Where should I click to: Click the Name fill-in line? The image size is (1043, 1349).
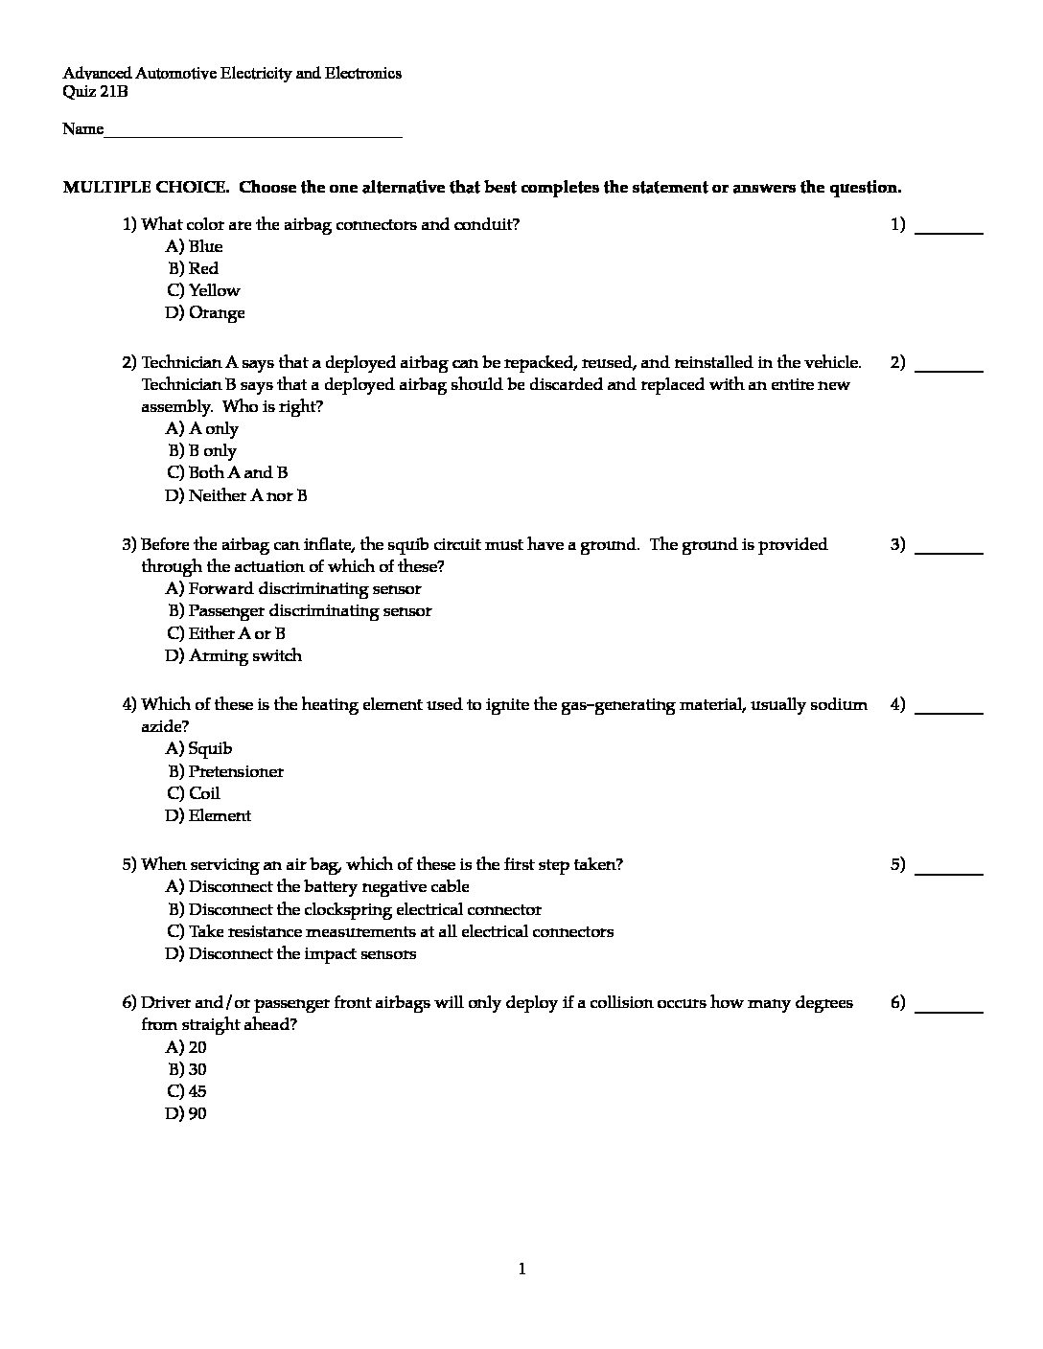[253, 134]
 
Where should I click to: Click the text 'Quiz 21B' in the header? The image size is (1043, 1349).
[95, 92]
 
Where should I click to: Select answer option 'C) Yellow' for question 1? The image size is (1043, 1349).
[203, 290]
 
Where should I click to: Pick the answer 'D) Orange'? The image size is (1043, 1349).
[205, 312]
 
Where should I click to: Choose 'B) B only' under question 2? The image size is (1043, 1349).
[202, 450]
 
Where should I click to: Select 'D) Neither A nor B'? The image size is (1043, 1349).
[236, 495]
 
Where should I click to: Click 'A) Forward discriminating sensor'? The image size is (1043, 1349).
[293, 588]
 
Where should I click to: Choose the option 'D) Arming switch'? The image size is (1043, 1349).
[233, 655]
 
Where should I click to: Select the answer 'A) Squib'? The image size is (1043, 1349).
[198, 748]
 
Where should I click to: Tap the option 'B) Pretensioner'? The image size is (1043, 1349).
[225, 771]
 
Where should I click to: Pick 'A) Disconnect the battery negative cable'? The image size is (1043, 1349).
[317, 886]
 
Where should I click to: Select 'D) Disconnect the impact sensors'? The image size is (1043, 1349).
[290, 953]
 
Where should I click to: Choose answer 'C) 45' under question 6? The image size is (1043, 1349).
[186, 1091]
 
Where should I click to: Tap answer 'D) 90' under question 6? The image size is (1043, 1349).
[186, 1113]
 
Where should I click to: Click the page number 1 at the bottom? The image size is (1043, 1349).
[521, 1269]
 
